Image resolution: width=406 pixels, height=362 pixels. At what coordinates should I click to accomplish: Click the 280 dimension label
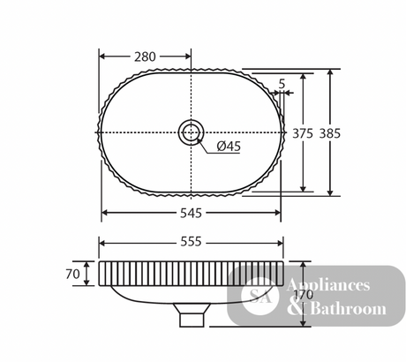(145, 57)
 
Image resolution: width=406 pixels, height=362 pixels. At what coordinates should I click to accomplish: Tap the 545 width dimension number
(191, 213)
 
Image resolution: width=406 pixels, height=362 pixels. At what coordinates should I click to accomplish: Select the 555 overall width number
(191, 242)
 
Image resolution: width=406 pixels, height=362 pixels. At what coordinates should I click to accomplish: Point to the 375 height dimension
(303, 133)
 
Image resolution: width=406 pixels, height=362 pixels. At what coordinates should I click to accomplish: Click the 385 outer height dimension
(330, 133)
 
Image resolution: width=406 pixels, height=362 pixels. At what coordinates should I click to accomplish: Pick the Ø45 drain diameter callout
(229, 147)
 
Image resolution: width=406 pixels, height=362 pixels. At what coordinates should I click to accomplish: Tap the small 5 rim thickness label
(282, 84)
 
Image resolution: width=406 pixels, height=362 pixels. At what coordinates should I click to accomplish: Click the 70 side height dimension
(72, 275)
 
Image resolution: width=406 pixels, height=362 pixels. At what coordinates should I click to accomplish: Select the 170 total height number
(304, 295)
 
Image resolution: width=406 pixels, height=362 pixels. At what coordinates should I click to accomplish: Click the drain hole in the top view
(191, 132)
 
